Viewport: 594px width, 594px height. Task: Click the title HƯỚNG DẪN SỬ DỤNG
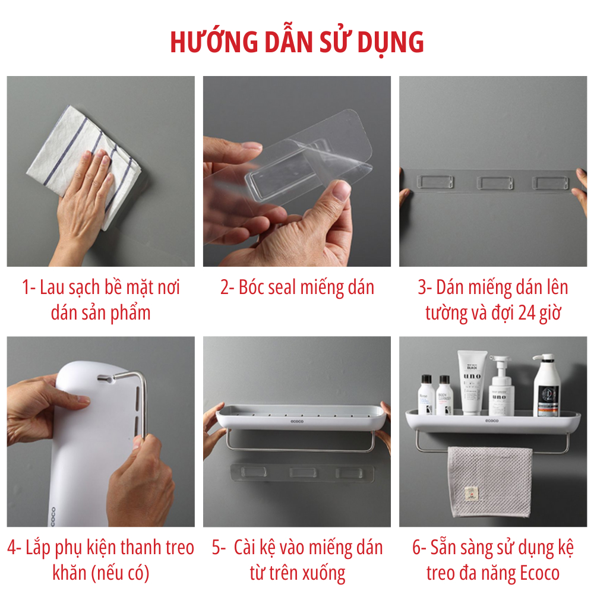point(297,42)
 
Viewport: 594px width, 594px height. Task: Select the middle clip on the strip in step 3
point(495,183)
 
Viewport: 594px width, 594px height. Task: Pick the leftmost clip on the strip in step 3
point(435,182)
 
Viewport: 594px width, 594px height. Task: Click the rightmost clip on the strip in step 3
point(551,184)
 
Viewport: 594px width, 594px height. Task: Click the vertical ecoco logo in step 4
point(53,516)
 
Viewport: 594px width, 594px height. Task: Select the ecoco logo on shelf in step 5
point(297,421)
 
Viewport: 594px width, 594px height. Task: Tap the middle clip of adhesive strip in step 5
point(303,472)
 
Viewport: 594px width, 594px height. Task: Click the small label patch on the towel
point(471,493)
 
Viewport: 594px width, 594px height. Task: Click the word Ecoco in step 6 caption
point(539,573)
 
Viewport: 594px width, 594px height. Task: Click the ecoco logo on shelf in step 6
point(492,421)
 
